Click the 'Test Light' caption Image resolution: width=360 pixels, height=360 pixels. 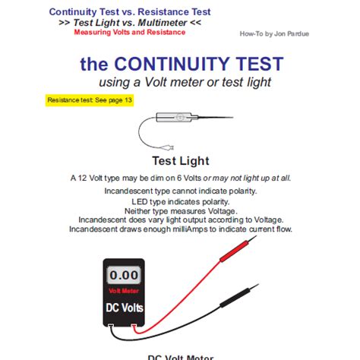point(180,161)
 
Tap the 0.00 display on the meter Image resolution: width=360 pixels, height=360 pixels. point(123,275)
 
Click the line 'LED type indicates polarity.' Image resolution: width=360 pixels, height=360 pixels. point(180,202)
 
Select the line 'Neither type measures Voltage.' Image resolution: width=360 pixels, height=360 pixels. point(180,210)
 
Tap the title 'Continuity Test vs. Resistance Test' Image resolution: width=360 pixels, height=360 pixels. point(130,12)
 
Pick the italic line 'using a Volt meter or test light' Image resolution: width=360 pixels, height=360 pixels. point(180,82)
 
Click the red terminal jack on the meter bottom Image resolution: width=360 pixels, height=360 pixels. point(134,328)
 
